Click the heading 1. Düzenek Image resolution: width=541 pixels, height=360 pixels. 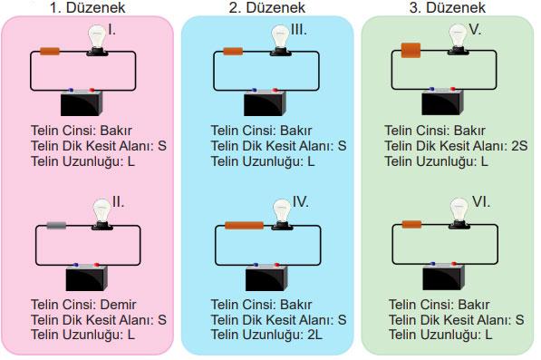tap(87, 7)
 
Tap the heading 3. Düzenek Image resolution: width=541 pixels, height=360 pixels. tap(448, 7)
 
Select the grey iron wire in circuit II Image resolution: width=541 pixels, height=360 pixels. tap(56, 226)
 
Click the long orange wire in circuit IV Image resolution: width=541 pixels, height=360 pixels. tap(244, 226)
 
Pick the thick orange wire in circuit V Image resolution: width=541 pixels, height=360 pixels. tap(411, 50)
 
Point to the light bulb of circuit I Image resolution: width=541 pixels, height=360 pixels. tap(97, 41)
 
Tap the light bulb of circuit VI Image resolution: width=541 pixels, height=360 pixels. tap(459, 214)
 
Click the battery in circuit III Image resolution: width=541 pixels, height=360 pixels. tap(265, 102)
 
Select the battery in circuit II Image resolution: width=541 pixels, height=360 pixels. tap(87, 277)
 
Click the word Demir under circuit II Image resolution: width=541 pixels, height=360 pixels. tap(118, 305)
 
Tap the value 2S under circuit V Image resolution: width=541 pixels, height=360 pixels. tap(519, 146)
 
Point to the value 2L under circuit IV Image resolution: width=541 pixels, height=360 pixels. tap(314, 335)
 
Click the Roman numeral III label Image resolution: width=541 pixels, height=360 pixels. tap(299, 30)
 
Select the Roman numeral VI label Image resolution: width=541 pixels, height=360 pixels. tap(481, 202)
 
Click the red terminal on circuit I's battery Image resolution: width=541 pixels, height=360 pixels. tap(92, 90)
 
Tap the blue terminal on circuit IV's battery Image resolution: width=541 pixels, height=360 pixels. tap(256, 265)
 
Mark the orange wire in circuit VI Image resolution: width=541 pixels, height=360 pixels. tap(412, 224)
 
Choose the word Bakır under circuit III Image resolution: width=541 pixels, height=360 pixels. tap(295, 131)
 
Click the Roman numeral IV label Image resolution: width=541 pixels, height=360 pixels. tap(301, 202)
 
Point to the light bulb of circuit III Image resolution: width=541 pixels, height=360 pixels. tap(281, 41)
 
